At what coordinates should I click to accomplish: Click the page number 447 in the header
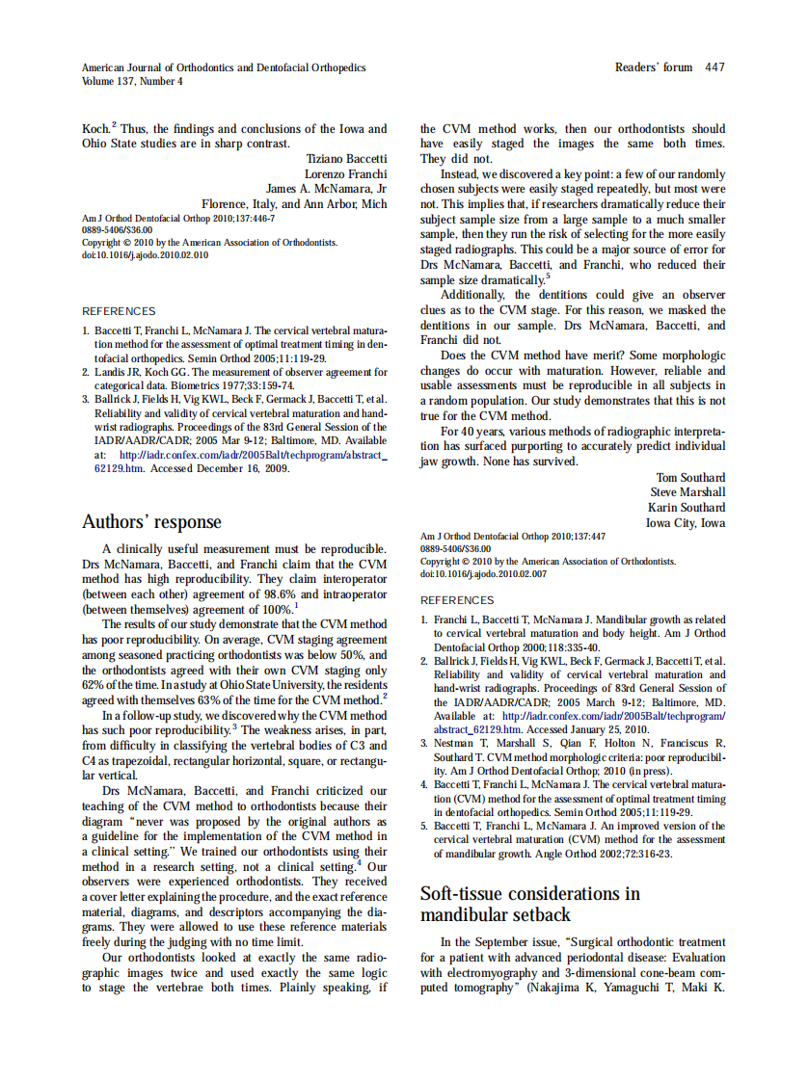pyautogui.click(x=714, y=67)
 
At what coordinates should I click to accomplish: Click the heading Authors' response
pyautogui.click(x=151, y=522)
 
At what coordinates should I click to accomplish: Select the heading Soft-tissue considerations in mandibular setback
pyautogui.click(x=529, y=904)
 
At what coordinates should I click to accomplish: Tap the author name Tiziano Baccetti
pyautogui.click(x=346, y=158)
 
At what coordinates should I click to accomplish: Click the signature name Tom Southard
pyautogui.click(x=690, y=478)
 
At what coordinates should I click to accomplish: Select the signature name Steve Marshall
pyautogui.click(x=687, y=493)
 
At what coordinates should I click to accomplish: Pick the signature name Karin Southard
pyautogui.click(x=687, y=508)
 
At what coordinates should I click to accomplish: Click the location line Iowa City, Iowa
pyautogui.click(x=686, y=523)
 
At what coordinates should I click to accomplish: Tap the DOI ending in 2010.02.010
pyautogui.click(x=145, y=255)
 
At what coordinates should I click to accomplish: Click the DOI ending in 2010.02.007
pyautogui.click(x=483, y=573)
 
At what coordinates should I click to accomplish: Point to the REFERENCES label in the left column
pyautogui.click(x=119, y=311)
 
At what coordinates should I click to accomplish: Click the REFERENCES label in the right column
pyautogui.click(x=457, y=600)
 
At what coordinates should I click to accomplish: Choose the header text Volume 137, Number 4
pyautogui.click(x=132, y=82)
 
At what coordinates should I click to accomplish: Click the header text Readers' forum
pyautogui.click(x=654, y=67)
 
